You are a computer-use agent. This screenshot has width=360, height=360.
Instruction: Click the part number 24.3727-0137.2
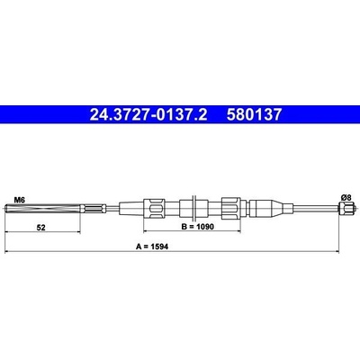[148, 114]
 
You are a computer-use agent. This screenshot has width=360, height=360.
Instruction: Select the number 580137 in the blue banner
[255, 114]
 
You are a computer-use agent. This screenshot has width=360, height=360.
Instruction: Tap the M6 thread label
[20, 200]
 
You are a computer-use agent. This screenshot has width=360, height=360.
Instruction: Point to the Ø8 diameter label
[346, 197]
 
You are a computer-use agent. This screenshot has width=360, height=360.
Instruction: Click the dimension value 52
[40, 228]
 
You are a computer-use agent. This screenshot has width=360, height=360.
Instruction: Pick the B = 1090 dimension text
[198, 227]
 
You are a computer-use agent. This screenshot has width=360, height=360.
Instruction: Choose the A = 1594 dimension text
[152, 247]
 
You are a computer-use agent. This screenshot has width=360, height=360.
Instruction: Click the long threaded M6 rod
[43, 208]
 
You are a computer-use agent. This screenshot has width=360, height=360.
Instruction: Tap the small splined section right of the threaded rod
[94, 208]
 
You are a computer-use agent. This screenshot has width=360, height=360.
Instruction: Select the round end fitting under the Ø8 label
[347, 208]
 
